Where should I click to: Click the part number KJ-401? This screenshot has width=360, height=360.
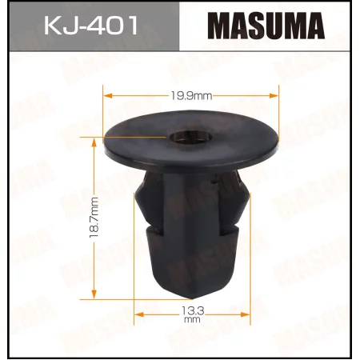pos(90,27)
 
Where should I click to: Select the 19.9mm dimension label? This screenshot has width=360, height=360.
pos(193,95)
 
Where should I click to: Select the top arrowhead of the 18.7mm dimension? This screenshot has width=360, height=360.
pos(95,142)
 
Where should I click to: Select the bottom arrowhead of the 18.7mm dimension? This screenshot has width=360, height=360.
pos(95,291)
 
